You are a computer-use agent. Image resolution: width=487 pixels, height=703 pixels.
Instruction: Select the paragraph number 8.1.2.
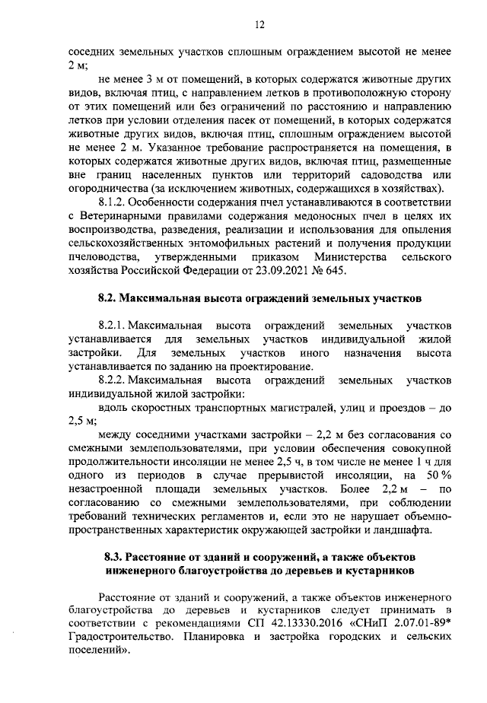click(x=119, y=202)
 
